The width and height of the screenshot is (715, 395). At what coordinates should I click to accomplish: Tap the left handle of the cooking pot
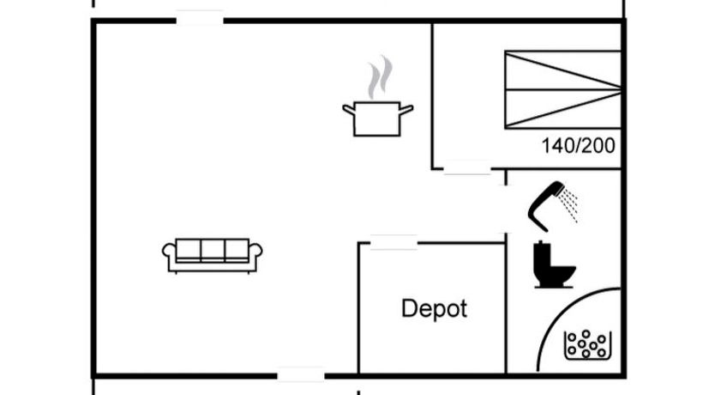[349, 108]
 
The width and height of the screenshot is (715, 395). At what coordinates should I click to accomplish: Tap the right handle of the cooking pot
[406, 108]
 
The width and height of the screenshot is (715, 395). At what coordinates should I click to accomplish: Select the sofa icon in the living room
[213, 255]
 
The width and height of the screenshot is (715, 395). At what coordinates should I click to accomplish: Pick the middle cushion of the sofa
[213, 250]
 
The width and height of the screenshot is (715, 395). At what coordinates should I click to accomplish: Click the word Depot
[435, 309]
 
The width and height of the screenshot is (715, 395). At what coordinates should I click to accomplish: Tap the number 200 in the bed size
[599, 146]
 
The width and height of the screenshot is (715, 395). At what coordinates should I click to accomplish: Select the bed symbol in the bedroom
[562, 89]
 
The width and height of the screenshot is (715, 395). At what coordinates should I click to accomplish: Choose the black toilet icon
[551, 264]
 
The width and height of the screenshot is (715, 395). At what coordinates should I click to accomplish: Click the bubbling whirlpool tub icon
[586, 344]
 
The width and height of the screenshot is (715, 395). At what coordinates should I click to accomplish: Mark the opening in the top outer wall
[200, 19]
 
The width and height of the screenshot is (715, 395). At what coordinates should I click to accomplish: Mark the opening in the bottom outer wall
[301, 374]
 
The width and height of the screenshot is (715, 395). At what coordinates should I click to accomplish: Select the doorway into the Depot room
[394, 243]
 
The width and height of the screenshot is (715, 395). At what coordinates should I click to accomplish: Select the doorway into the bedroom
[467, 168]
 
